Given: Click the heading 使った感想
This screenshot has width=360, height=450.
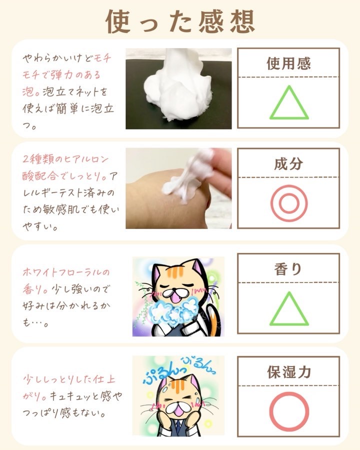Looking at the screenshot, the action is [x=180, y=21].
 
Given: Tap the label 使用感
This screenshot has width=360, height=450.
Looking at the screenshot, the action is [x=288, y=63].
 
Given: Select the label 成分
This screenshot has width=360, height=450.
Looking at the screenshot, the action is [x=288, y=163].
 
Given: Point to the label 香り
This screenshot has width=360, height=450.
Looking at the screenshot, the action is [x=288, y=269].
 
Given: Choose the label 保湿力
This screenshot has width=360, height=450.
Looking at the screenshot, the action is [x=289, y=372].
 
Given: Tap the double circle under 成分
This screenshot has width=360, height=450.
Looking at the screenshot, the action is [x=289, y=203].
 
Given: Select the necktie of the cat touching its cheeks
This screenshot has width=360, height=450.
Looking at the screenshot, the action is [x=179, y=427].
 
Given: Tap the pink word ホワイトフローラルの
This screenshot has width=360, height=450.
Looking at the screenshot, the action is [x=66, y=272].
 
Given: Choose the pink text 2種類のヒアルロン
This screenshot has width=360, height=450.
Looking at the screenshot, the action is [x=65, y=158].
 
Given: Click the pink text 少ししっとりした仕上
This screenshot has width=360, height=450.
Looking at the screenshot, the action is [x=69, y=379].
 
